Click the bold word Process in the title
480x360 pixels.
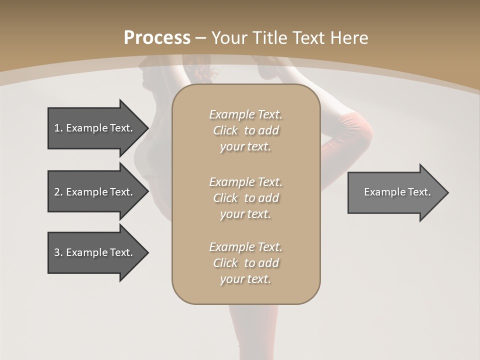(157, 38)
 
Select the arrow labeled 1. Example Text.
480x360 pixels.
(95, 128)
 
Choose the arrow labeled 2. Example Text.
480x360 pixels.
(95, 192)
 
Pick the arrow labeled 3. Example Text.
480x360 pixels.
(95, 252)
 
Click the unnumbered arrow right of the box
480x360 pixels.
(395, 192)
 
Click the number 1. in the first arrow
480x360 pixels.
(58, 128)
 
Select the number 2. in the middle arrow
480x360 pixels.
(58, 192)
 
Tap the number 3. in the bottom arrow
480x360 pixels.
(58, 252)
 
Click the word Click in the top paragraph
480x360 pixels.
(225, 130)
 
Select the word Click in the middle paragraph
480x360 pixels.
(225, 198)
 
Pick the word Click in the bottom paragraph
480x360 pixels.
(225, 263)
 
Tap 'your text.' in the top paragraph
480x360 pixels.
(245, 147)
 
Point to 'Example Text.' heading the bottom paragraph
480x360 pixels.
(245, 247)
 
